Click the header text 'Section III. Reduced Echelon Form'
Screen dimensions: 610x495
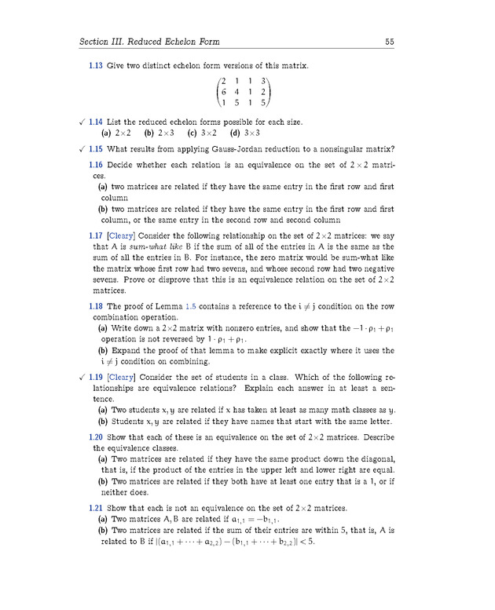tap(149, 42)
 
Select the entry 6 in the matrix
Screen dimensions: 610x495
tap(224, 92)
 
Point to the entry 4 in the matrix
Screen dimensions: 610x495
tap(237, 92)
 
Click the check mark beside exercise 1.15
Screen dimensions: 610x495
tap(82, 149)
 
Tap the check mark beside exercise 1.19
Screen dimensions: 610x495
tap(82, 377)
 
